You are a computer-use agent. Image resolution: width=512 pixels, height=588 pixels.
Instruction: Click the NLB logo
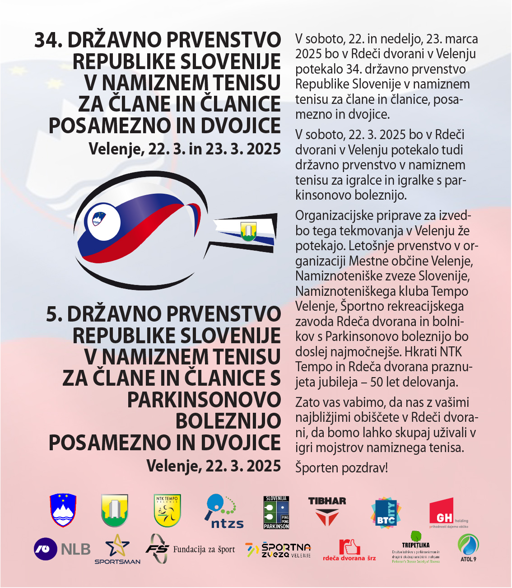click(x=62, y=549)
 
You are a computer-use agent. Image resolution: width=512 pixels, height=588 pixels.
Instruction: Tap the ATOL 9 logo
click(x=468, y=548)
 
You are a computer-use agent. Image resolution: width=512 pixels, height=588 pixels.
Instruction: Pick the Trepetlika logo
click(x=415, y=547)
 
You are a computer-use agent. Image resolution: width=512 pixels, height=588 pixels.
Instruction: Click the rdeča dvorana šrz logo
click(x=349, y=550)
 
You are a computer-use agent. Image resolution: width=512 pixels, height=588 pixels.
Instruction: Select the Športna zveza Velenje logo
click(x=278, y=550)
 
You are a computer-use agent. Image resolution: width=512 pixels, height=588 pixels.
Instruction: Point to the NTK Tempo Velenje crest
click(x=167, y=511)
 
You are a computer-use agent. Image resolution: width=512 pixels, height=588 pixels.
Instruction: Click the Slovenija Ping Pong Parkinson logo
click(x=276, y=513)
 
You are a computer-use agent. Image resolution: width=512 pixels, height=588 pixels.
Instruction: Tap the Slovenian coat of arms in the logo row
click(x=63, y=510)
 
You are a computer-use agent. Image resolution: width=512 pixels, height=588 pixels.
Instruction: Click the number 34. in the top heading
click(x=49, y=40)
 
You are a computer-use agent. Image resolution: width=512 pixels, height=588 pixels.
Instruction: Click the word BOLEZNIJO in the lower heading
click(x=228, y=421)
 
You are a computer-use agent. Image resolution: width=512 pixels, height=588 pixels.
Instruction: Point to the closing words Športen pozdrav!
click(x=341, y=468)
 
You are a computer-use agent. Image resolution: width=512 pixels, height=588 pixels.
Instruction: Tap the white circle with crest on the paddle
click(x=104, y=222)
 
